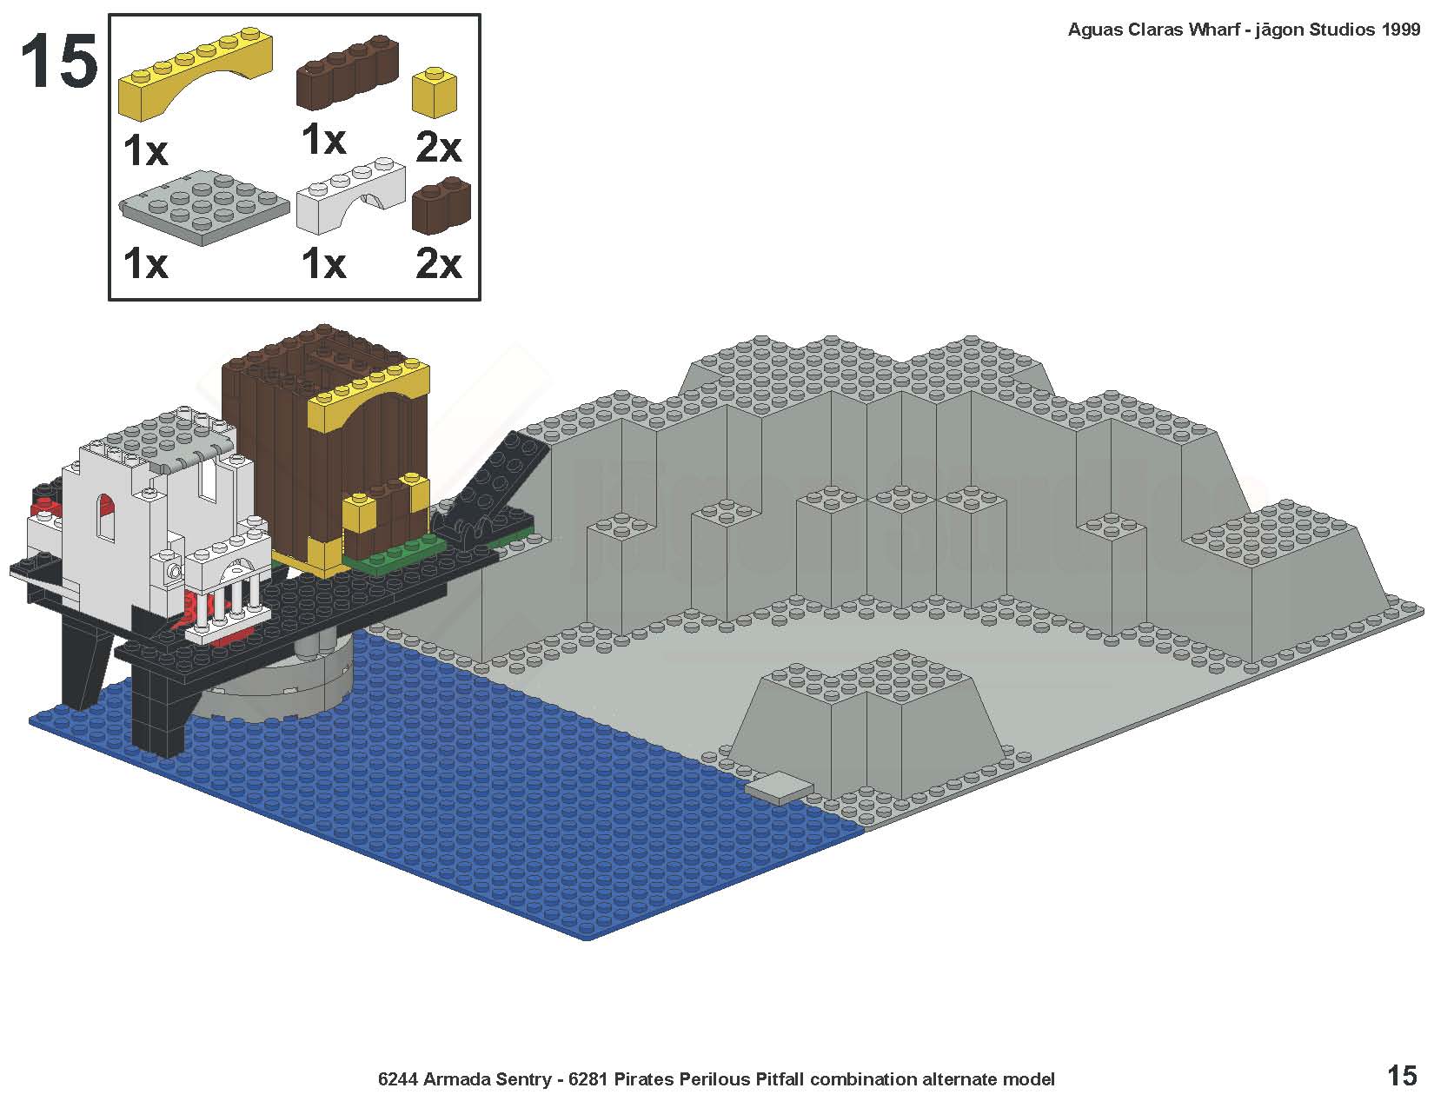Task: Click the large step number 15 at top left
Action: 59,61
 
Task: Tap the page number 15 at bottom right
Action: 1402,1076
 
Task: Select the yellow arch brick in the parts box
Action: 196,73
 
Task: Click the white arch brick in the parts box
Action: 350,195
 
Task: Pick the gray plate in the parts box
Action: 204,207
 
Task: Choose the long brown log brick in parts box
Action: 348,72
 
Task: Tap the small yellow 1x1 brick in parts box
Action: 435,92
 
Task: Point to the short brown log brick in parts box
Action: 441,205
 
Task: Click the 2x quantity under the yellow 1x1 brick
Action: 438,147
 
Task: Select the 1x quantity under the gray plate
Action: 146,264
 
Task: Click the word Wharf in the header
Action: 1212,30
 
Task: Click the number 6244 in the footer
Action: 398,1079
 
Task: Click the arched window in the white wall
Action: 105,517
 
